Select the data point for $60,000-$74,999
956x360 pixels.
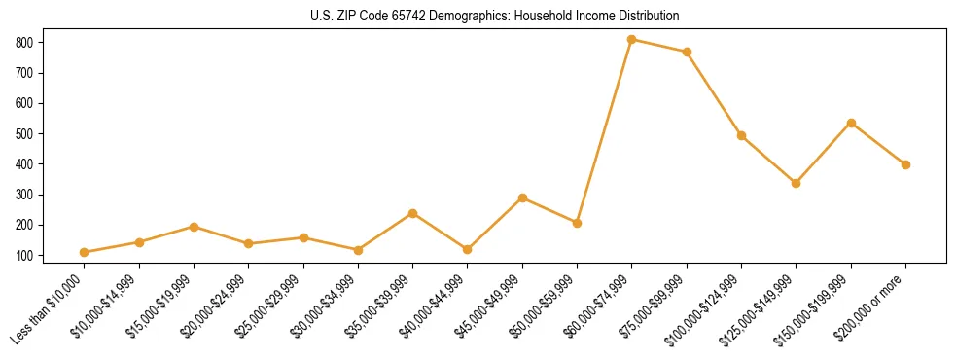click(x=632, y=39)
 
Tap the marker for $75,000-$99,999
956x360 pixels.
click(x=687, y=52)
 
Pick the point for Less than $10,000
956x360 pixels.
click(x=85, y=252)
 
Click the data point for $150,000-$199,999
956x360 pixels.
click(x=851, y=123)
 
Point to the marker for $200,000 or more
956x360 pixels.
click(x=905, y=164)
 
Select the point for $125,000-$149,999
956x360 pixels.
click(x=797, y=183)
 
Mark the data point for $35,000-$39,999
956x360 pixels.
click(x=413, y=213)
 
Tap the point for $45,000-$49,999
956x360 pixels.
click(x=522, y=198)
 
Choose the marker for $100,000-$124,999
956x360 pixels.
click(x=741, y=135)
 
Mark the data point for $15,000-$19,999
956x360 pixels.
click(x=195, y=227)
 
